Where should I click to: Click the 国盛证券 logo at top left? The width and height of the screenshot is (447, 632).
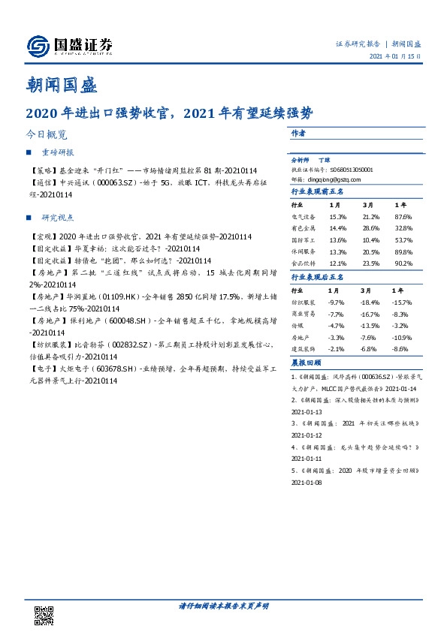tap(69, 47)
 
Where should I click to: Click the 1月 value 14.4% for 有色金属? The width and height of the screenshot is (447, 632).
tap(338, 227)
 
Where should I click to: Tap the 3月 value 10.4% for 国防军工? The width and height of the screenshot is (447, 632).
tap(371, 239)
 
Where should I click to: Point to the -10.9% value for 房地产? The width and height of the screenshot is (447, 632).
tap(403, 337)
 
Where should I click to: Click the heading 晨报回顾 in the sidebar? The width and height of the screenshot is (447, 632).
tap(305, 362)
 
